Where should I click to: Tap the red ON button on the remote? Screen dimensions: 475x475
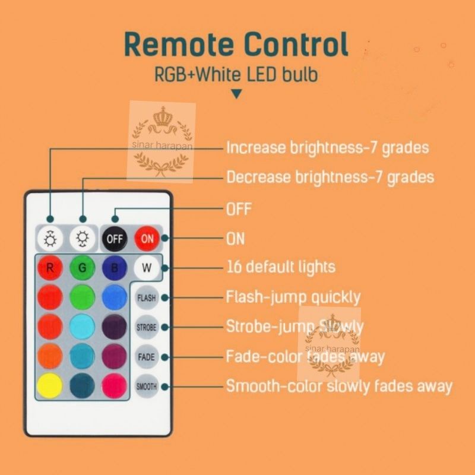147,239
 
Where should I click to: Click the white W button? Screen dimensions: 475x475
147,268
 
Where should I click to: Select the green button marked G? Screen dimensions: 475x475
83,268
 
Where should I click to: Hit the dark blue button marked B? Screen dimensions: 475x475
114,268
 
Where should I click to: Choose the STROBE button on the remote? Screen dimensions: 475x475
147,327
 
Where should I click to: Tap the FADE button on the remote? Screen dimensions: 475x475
147,357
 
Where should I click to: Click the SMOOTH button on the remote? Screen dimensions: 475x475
147,387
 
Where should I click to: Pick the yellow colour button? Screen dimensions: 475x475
50,386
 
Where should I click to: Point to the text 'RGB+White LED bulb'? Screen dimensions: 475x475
236,75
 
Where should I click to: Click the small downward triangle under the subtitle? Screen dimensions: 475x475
236,94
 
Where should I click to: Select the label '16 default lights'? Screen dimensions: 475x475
280,267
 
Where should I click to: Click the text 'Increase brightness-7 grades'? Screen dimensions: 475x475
327,147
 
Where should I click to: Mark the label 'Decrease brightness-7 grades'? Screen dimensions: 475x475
330,177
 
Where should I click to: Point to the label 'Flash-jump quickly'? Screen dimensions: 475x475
293,296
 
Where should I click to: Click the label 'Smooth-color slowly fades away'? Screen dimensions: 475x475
339,387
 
